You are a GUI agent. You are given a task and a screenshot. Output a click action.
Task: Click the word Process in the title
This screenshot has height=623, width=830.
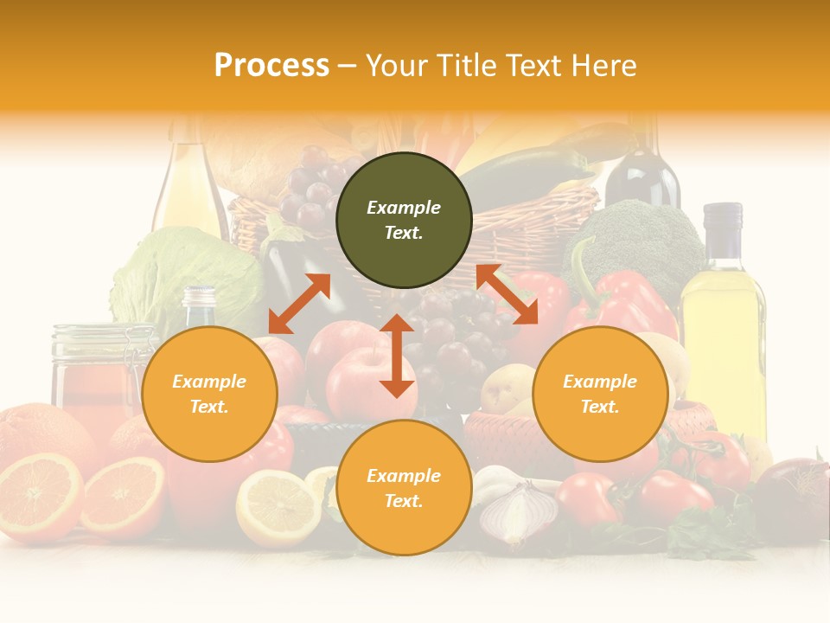pyautogui.click(x=271, y=66)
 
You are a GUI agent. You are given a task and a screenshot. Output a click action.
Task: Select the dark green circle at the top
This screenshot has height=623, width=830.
pyautogui.click(x=404, y=220)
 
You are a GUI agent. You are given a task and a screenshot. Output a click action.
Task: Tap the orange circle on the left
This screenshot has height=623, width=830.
pyautogui.click(x=209, y=394)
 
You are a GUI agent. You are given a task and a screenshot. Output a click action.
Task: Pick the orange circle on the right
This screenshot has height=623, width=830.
pyautogui.click(x=600, y=394)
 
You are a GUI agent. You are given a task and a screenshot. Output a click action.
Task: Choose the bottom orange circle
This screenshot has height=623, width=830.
pyautogui.click(x=404, y=487)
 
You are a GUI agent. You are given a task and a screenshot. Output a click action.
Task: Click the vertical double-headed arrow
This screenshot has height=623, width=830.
pyautogui.click(x=397, y=356)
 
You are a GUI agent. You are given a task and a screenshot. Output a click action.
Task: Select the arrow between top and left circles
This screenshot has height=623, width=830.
pyautogui.click(x=299, y=304)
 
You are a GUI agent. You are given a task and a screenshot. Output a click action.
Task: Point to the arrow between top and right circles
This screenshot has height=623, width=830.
pyautogui.click(x=507, y=294)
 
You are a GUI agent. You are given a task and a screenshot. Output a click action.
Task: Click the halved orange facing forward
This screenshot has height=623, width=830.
pyautogui.click(x=123, y=498)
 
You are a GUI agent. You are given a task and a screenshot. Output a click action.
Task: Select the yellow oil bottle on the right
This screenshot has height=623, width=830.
pyautogui.click(x=722, y=320)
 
